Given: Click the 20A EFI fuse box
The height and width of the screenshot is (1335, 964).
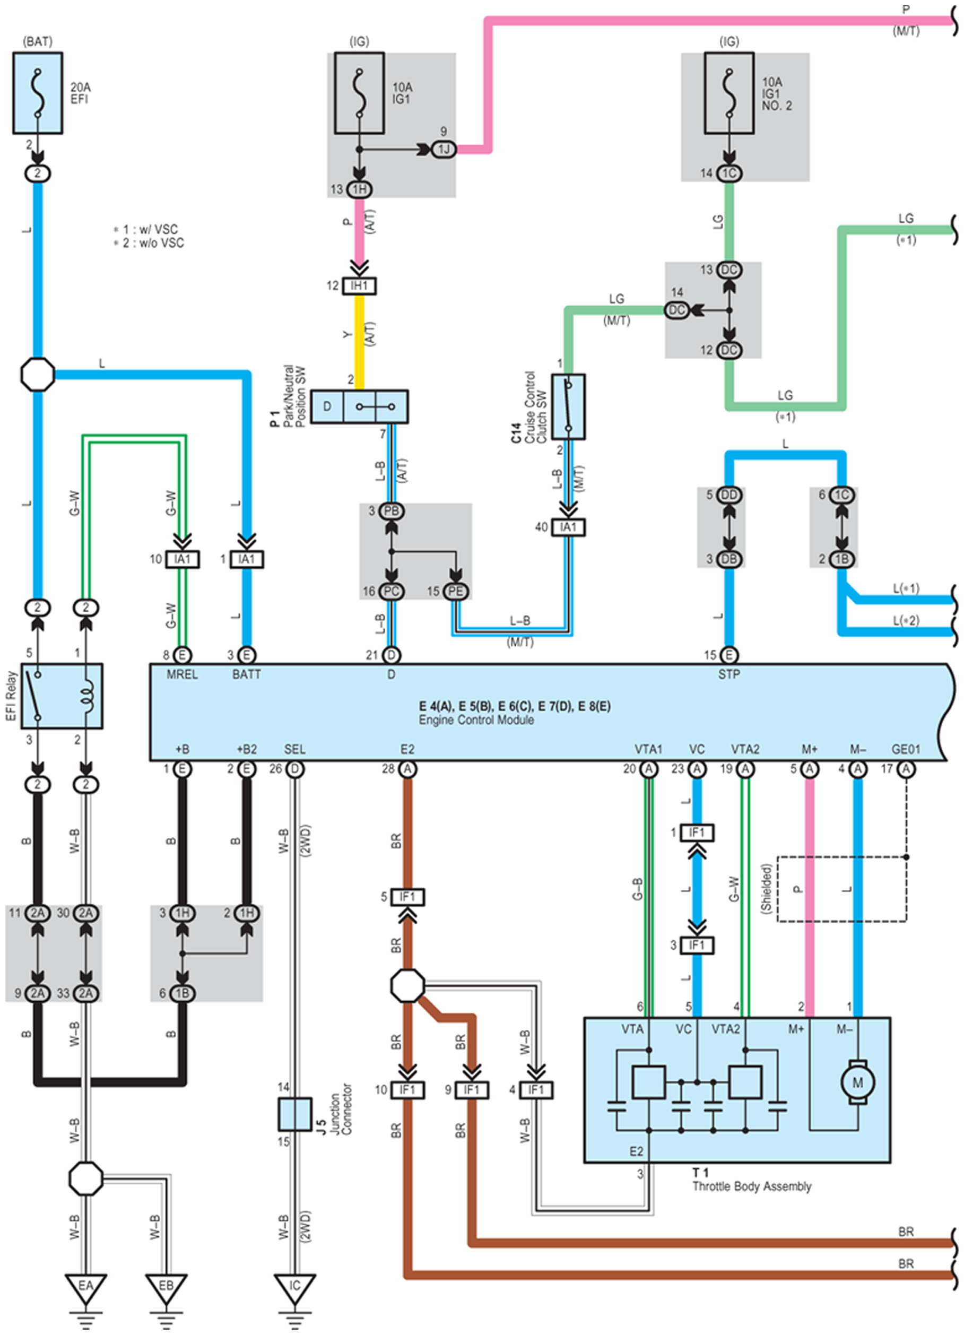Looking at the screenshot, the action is pos(38,93).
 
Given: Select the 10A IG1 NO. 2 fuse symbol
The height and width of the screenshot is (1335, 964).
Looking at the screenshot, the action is pos(729,93).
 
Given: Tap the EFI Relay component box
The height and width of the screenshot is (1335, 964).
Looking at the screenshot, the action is pos(62,696).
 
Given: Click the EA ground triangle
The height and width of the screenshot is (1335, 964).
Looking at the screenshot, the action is pos(86,1290).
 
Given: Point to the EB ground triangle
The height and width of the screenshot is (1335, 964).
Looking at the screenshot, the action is pos(167,1290).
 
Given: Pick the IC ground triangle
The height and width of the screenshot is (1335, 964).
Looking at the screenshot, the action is pos(295,1290).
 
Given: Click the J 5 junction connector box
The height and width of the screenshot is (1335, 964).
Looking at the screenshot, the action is pos(295,1114).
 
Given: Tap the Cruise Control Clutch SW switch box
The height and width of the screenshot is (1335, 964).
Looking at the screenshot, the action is pos(569,406).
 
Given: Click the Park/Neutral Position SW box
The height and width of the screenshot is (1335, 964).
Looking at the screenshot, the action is pos(359,406).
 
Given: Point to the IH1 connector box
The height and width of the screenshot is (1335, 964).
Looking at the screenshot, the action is pos(359,286).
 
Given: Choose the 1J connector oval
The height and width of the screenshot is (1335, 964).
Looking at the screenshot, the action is pos(444,149).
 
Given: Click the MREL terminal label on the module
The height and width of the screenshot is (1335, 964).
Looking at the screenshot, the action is pos(183,674).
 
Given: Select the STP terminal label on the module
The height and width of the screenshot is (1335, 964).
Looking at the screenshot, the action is pos(728,674).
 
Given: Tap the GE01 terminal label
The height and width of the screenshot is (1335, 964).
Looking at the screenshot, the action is pos(906,749).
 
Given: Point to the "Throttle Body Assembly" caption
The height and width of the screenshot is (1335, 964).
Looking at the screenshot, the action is pos(752,1186).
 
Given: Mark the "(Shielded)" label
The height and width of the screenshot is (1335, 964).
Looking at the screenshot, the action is pos(766,889).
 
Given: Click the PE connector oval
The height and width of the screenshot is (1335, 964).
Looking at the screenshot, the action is pos(456,591).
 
